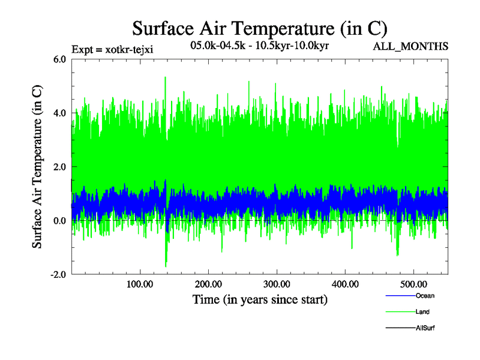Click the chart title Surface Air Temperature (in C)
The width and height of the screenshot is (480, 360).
point(260,28)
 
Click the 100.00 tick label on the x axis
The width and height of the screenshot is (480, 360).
point(140,284)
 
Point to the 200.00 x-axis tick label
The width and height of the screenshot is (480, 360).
point(208,284)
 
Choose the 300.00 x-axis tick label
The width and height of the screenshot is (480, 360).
point(277,284)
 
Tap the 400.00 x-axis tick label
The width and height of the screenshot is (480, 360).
point(345,284)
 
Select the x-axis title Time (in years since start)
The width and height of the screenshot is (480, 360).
point(260,299)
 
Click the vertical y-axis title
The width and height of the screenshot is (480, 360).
point(37,167)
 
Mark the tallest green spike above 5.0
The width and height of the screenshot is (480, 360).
point(164,78)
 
